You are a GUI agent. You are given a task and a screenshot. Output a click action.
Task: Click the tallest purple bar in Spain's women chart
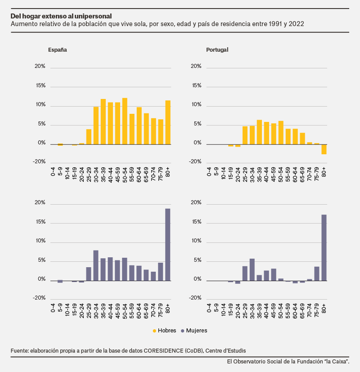[x=167, y=245]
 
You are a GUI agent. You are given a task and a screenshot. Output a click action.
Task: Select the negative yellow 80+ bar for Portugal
[x=324, y=149]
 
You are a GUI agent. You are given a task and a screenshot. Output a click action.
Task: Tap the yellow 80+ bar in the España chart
[x=168, y=122]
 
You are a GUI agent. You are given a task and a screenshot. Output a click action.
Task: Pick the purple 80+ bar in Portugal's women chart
[x=324, y=248]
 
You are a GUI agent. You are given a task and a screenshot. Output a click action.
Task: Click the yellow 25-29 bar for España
[x=89, y=137]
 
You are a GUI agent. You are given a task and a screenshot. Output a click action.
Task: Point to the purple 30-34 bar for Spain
[x=96, y=265]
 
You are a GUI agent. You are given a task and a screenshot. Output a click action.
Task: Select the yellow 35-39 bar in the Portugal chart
[x=259, y=132]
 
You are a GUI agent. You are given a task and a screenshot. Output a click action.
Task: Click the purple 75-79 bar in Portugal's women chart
[x=317, y=274]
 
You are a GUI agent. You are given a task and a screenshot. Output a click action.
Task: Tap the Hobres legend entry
[x=164, y=331]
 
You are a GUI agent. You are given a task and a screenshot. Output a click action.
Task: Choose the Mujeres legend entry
[x=194, y=331]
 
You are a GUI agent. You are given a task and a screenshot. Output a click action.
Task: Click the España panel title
[x=58, y=50]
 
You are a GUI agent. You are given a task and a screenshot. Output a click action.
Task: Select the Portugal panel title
[x=217, y=50]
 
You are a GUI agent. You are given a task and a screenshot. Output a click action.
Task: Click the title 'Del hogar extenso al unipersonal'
[x=61, y=16]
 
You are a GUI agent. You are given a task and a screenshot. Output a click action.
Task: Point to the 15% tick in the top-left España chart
[x=40, y=85]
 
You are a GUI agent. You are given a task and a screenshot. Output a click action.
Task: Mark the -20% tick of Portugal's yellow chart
[x=195, y=161]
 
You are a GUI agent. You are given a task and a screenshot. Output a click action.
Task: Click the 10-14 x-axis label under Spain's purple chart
[x=67, y=311]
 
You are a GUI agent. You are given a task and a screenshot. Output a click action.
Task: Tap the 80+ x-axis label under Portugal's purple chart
[x=324, y=308]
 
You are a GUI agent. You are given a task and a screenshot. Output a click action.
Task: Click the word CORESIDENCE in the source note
[x=163, y=351]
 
